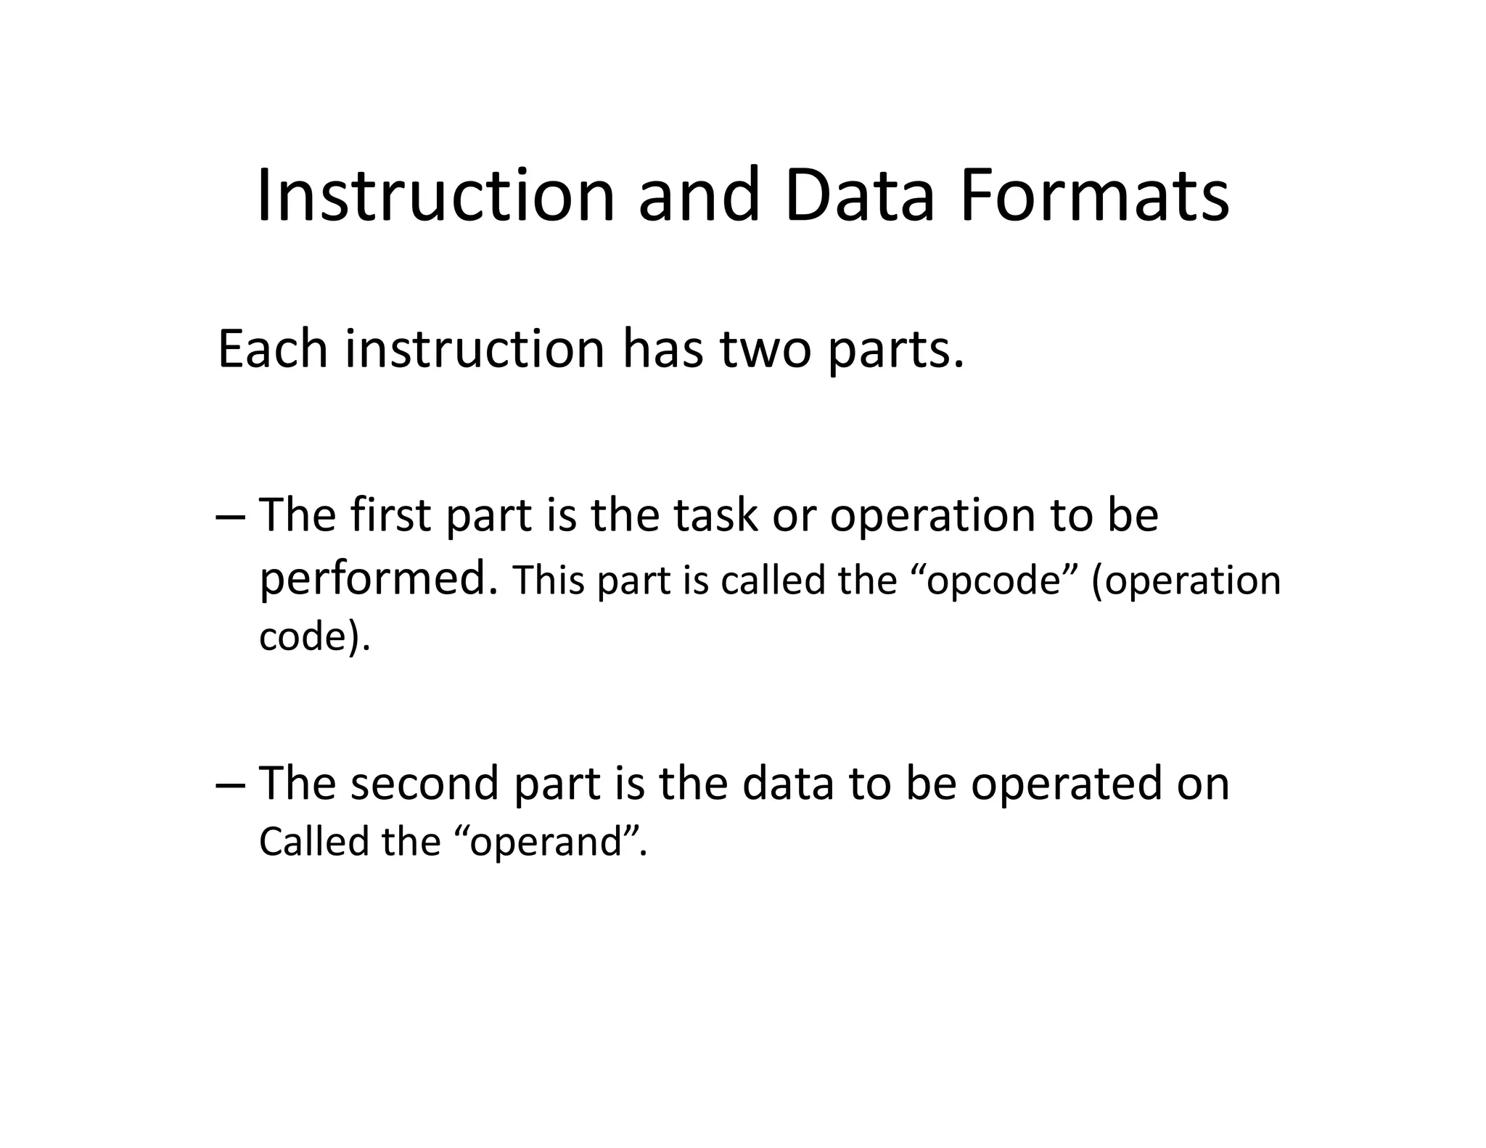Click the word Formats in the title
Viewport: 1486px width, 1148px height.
coord(1094,196)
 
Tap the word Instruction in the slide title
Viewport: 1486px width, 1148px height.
coord(435,196)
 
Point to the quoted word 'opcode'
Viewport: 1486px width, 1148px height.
coord(995,581)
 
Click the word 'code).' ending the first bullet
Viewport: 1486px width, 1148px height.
coord(314,637)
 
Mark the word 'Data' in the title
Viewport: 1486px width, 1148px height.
coord(859,196)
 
